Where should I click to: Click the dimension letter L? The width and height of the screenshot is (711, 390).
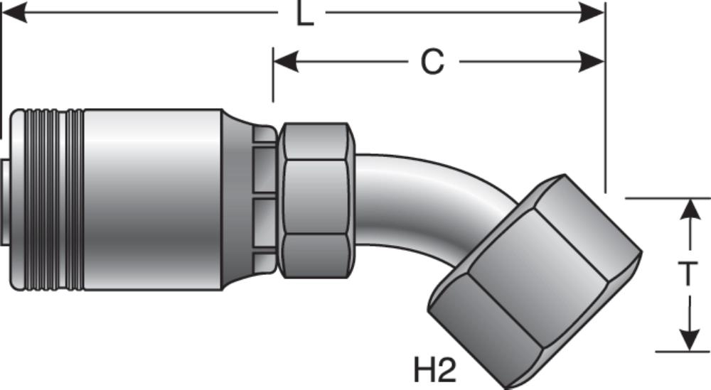click(305, 14)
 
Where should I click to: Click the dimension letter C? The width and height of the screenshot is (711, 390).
click(432, 63)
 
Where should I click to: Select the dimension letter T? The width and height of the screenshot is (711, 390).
click(688, 274)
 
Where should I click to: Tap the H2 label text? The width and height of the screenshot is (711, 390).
click(434, 369)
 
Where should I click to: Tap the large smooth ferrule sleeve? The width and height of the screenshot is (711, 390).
click(153, 199)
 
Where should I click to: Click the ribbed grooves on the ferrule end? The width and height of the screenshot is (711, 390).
click(46, 199)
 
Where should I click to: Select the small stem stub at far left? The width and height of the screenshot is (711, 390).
click(6, 199)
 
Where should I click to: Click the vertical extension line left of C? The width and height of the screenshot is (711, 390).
click(273, 75)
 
